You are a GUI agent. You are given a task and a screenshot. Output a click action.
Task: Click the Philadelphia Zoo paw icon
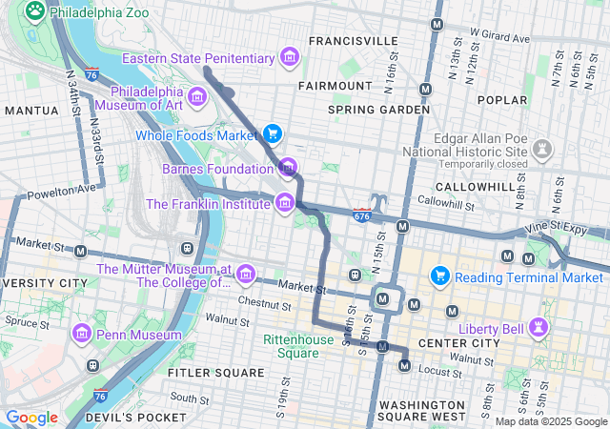coord(35,11)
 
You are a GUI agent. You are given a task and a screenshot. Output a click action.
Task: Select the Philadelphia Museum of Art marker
coord(197,96)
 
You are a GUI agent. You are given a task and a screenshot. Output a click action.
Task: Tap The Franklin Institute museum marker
coord(284,202)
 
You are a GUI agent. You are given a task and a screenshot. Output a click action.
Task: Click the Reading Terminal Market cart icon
coord(439,276)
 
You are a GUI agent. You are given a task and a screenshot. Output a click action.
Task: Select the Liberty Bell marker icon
coord(541,327)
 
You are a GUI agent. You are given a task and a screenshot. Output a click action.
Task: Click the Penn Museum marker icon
coord(81,335)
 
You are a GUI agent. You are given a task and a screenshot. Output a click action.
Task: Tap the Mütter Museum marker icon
coord(246,276)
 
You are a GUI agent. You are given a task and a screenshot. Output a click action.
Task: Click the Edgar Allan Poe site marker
coord(542,149)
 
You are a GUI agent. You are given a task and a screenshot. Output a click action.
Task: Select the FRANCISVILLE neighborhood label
coord(353,41)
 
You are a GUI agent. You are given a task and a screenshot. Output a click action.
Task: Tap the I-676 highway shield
coord(362,216)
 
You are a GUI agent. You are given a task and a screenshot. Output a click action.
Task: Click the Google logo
coord(31,418)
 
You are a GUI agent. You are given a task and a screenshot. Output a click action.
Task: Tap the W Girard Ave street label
coord(500,41)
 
